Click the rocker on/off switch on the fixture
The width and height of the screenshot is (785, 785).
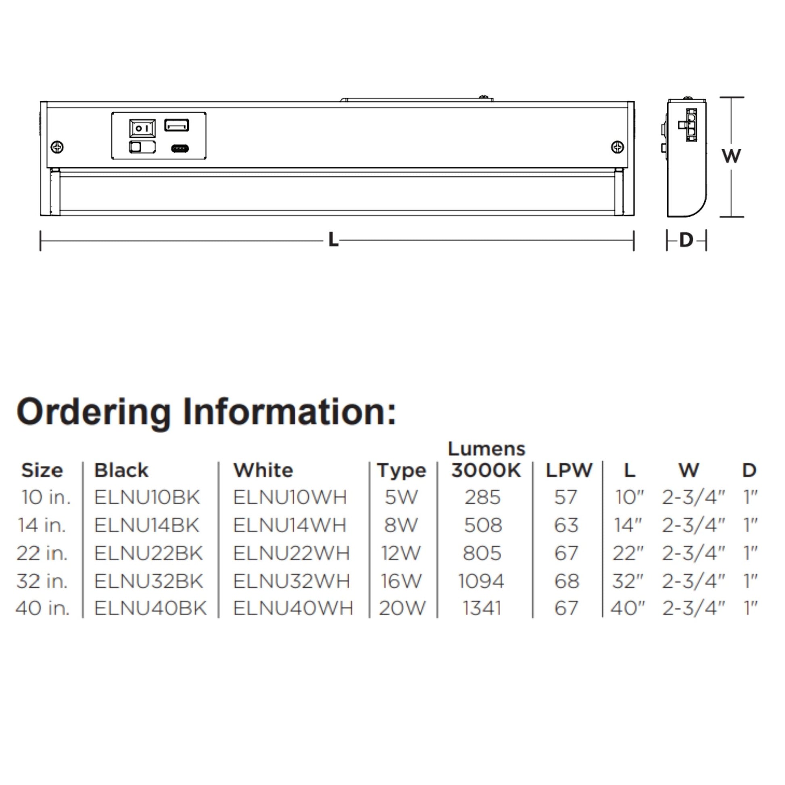142,128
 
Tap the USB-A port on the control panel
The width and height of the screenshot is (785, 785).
177,125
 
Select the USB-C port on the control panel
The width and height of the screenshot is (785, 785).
180,148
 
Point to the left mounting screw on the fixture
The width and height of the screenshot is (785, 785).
57,147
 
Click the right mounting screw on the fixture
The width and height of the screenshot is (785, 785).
617,147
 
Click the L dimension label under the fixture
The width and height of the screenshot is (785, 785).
333,240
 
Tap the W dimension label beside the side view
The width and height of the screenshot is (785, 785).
731,156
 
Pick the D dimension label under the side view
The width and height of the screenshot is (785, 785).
686,240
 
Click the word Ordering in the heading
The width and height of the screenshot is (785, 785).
94,412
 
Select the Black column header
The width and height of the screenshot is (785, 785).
121,470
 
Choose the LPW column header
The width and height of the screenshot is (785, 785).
569,470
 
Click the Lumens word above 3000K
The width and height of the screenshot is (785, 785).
486,449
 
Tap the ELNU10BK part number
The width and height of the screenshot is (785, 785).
147,497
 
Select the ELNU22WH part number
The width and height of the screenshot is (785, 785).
291,553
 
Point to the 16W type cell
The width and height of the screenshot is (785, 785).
401,581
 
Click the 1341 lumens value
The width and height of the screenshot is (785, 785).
482,608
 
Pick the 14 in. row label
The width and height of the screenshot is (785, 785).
42,525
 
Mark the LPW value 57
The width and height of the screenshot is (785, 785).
566,497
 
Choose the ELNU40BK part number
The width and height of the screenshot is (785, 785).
150,608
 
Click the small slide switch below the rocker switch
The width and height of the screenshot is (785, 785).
142,147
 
